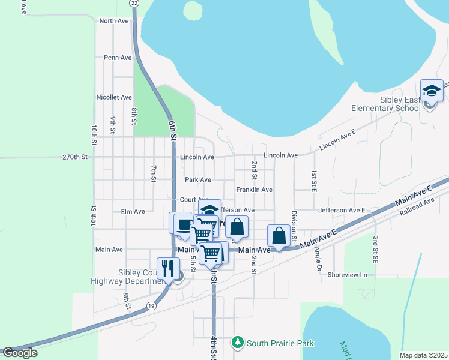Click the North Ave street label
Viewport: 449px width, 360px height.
pyautogui.click(x=114, y=21)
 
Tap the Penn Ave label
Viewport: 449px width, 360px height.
pyautogui.click(x=118, y=58)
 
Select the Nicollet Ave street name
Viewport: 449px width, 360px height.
pyautogui.click(x=113, y=97)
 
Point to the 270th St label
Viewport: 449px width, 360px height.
pyautogui.click(x=75, y=157)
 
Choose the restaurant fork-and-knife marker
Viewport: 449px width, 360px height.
pyautogui.click(x=168, y=268)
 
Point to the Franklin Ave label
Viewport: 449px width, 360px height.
pyautogui.click(x=254, y=190)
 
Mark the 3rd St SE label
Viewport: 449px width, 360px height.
pyautogui.click(x=375, y=248)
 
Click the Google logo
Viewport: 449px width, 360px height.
pyautogui.click(x=19, y=353)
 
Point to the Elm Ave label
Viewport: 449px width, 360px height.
pyautogui.click(x=133, y=212)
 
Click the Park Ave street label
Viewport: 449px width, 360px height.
pyautogui.click(x=197, y=180)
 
